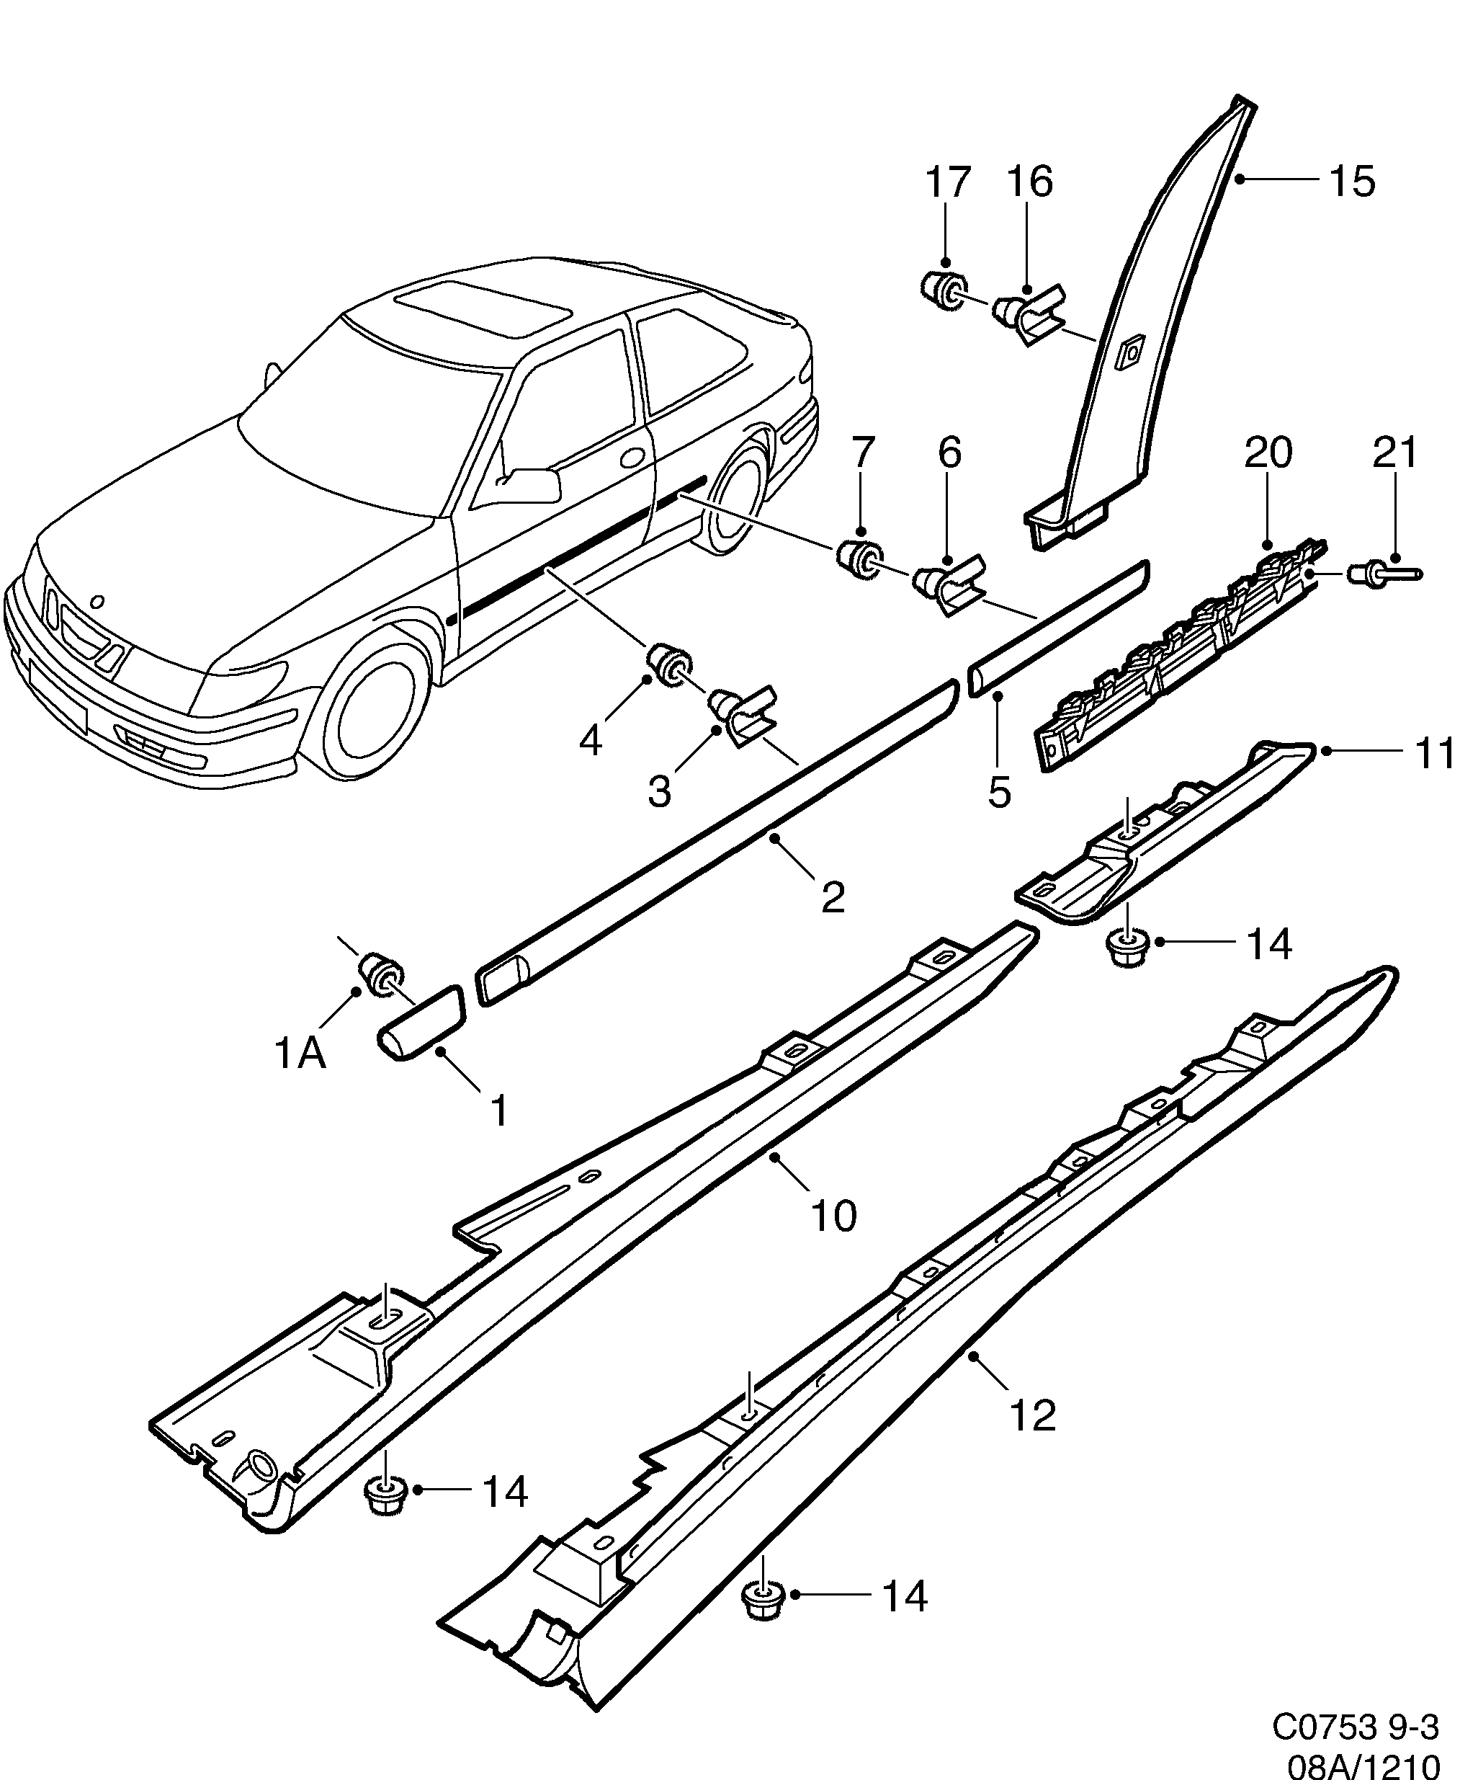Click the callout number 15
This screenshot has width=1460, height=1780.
point(1353,181)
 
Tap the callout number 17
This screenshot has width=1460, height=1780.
point(949,182)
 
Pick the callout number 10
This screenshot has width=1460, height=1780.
point(833,1216)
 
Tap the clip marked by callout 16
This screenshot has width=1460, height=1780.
point(1028,318)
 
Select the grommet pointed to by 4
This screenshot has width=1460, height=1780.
point(668,663)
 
